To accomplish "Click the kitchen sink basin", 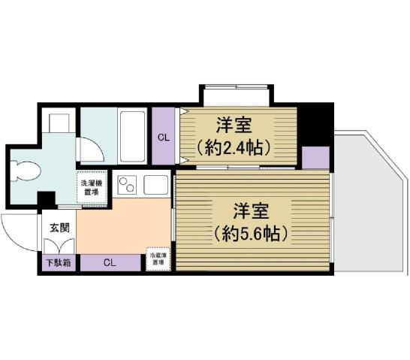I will coord(157,184).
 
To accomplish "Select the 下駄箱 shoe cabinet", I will coord(56,263).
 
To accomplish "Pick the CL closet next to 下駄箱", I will coord(110,263).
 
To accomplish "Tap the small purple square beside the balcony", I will coord(315,158).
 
